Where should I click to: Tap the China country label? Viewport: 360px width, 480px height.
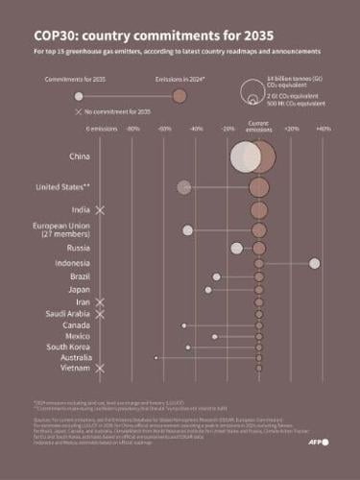[x=81, y=155]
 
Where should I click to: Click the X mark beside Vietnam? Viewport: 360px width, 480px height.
[x=101, y=368]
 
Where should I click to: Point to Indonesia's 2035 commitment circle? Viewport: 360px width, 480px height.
[x=314, y=263]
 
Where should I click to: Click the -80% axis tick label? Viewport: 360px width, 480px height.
[x=133, y=128]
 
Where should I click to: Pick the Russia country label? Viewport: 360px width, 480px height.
[x=80, y=248]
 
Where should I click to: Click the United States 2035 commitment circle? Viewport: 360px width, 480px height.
[x=184, y=186]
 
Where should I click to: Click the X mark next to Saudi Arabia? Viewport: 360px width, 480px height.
[x=101, y=314]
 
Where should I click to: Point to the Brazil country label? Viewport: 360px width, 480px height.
[x=81, y=276]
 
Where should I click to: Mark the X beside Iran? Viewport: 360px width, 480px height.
[x=101, y=302]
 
